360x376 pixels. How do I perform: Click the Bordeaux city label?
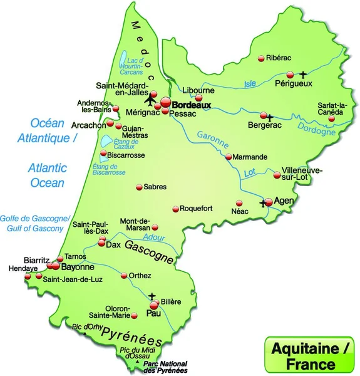point(192,106)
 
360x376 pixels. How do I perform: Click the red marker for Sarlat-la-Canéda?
point(332,118)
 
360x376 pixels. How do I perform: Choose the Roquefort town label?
point(198,209)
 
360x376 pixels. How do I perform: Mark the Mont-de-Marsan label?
point(135,224)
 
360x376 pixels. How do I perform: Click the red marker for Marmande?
point(229,157)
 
